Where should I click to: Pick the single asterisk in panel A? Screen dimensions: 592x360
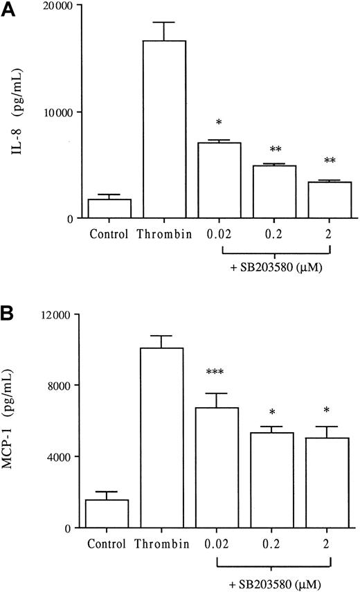[x=218, y=123]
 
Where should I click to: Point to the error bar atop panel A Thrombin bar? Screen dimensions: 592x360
[x=163, y=31]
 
